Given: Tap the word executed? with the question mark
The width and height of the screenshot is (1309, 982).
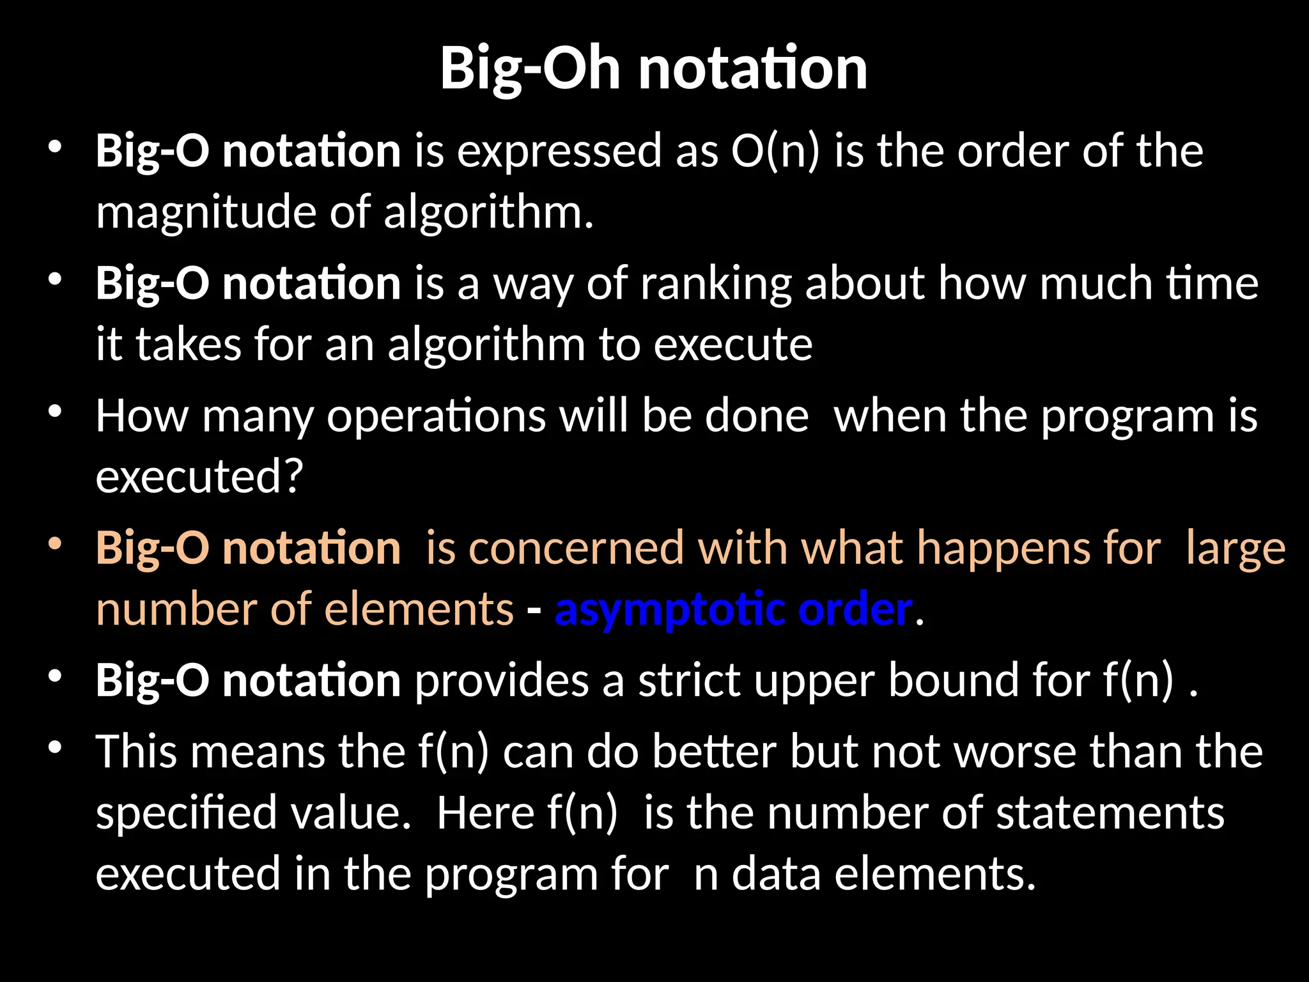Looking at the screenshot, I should click(199, 476).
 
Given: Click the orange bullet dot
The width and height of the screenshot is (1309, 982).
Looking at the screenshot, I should click(55, 545).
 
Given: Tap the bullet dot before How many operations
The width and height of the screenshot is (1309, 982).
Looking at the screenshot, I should click(55, 412).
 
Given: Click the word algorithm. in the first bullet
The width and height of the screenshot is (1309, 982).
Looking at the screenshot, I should click(488, 212).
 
